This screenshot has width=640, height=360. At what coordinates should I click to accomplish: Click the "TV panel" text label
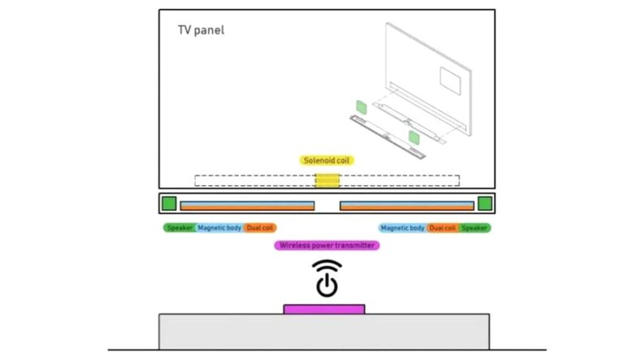click(201, 30)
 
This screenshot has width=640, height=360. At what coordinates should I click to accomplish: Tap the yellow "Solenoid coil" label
click(326, 161)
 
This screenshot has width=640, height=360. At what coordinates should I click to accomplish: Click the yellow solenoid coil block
click(327, 181)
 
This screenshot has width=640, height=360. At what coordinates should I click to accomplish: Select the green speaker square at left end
click(169, 203)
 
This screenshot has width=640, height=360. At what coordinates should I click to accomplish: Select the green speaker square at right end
click(485, 203)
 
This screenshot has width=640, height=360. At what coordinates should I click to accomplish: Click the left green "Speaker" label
click(179, 228)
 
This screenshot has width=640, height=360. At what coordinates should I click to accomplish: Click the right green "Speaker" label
click(475, 228)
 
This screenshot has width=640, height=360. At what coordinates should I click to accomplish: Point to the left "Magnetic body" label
click(219, 228)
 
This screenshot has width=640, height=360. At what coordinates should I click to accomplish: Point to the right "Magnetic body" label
click(403, 228)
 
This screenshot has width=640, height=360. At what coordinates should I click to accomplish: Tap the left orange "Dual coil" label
click(260, 228)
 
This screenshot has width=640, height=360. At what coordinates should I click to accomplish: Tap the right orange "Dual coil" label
click(443, 228)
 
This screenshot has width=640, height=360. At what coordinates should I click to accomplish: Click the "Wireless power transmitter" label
click(327, 245)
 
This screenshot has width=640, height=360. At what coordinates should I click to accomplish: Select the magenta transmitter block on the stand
click(324, 309)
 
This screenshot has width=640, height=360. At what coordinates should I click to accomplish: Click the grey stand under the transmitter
click(324, 332)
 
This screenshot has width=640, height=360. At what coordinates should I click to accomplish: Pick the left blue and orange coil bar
click(247, 206)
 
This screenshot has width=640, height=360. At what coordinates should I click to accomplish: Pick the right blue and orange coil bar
click(407, 206)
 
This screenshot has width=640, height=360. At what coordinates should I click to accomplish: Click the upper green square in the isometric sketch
click(362, 107)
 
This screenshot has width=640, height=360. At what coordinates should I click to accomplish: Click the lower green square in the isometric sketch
click(414, 138)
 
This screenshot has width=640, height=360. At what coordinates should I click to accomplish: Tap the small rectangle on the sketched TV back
click(450, 81)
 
